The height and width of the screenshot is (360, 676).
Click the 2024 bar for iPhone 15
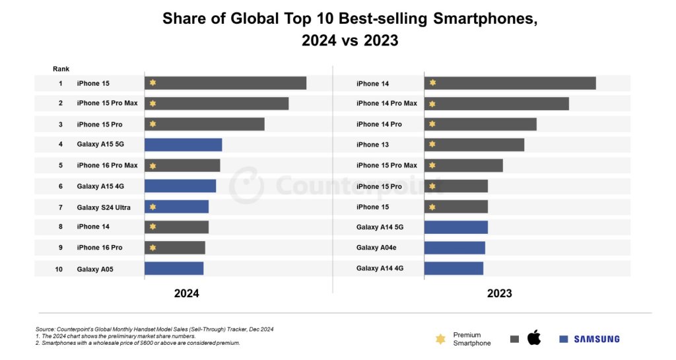(225, 83)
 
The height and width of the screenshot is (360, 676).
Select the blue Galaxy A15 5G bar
(183, 145)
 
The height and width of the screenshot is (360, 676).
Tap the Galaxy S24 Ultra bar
(176, 207)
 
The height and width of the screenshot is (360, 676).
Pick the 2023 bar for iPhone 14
(510, 83)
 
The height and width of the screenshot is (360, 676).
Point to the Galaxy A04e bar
(454, 248)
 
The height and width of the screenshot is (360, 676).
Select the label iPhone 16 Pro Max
(107, 165)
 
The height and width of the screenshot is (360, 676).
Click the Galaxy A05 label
(95, 269)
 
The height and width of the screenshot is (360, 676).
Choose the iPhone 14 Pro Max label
(386, 103)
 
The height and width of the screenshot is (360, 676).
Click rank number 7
(60, 207)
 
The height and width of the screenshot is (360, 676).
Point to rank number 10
(59, 269)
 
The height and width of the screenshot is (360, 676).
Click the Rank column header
(61, 69)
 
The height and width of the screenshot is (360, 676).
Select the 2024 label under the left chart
(186, 293)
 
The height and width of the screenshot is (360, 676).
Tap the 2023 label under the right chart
(499, 293)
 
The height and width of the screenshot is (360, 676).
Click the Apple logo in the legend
(533, 338)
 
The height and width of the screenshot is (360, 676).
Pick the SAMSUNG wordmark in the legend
(596, 339)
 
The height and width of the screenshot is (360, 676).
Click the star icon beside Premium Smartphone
(440, 339)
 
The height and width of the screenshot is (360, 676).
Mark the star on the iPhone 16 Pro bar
(153, 248)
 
